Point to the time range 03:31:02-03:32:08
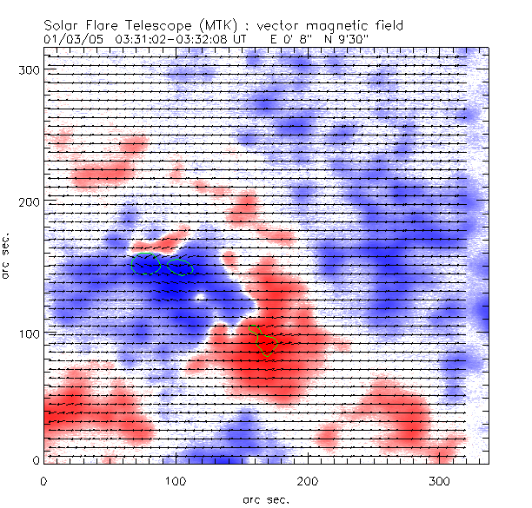[x=179, y=39]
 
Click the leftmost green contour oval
[x=146, y=265]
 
